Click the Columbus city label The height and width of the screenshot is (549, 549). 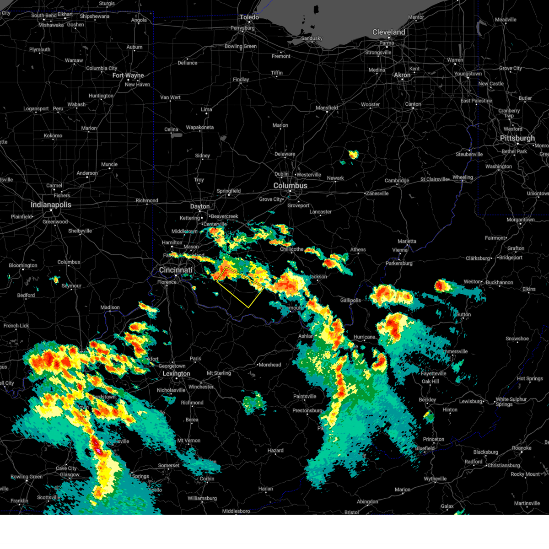pos(290,186)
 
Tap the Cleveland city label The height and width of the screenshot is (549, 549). pos(388,32)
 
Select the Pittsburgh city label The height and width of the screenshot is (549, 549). pos(517,138)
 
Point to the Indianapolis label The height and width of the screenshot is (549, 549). pos(51,205)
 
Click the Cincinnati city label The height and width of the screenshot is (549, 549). pos(176,270)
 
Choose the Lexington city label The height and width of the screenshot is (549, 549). pos(176,374)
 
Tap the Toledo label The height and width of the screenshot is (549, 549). pos(249,17)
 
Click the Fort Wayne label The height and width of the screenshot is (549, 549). pos(128,75)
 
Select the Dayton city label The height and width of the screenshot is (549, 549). pos(200,206)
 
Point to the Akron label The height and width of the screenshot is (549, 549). pos(402,75)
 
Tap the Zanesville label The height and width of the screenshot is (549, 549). pos(377,194)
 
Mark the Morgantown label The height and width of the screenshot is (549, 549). pos(521,220)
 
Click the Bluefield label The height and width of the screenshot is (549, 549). pos(425,448)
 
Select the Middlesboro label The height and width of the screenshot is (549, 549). pos(236,511)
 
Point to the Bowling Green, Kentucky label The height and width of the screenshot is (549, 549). pos(26,477)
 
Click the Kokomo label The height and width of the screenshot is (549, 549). pos(53,136)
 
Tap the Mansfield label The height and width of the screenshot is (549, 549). pos(327,108)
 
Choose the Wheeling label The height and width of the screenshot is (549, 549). pos(463,178)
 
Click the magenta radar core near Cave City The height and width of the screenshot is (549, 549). pos(97,451)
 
